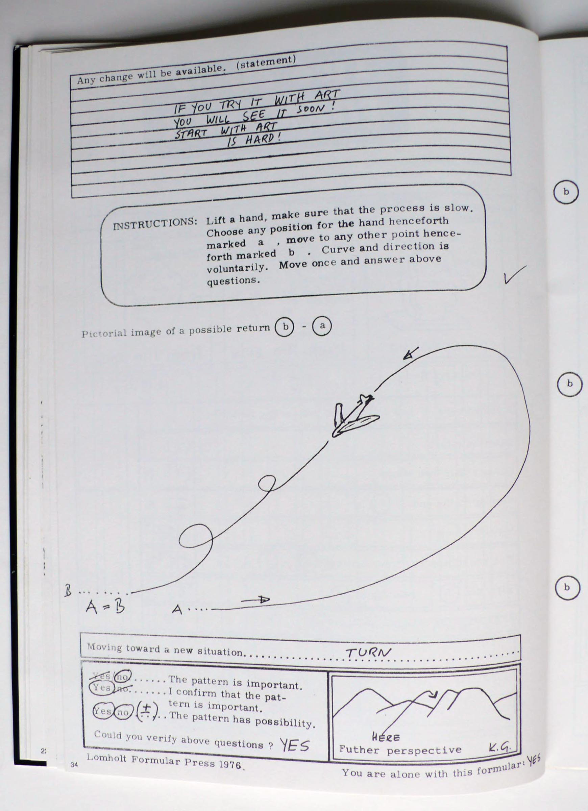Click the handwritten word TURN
(368, 653)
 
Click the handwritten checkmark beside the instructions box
(515, 275)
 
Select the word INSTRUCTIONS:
(155, 224)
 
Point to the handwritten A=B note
(105, 607)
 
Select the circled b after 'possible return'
(284, 327)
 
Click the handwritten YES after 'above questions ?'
(294, 745)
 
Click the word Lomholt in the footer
(106, 758)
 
